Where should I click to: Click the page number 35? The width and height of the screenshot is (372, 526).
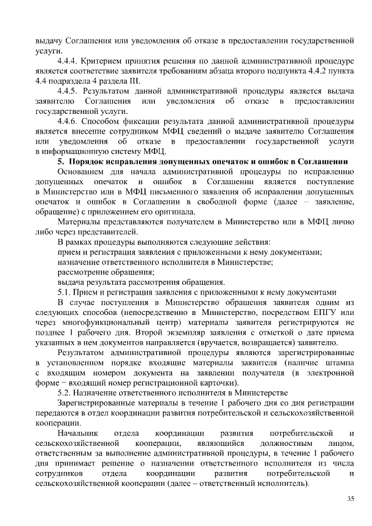point(350,499)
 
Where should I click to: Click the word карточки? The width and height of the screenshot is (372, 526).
point(219,383)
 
